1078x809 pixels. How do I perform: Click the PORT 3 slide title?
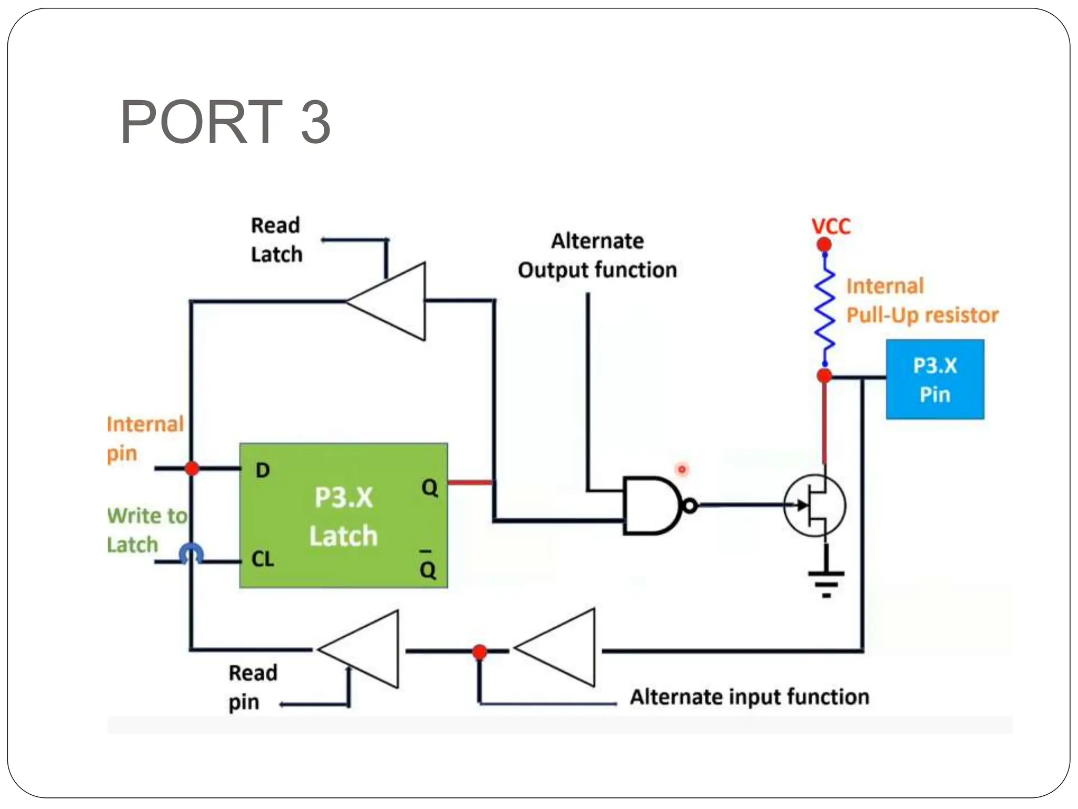click(x=225, y=122)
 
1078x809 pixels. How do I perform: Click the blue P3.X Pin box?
click(x=935, y=379)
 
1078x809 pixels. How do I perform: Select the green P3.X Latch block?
click(x=343, y=516)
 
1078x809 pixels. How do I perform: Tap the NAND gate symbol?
click(x=652, y=506)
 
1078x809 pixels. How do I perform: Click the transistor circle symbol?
click(x=814, y=506)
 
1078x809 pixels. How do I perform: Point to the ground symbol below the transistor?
click(x=826, y=579)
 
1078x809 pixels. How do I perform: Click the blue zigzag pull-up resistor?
click(x=825, y=311)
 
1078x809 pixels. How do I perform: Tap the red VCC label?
click(x=831, y=226)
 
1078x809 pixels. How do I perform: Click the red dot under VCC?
click(x=824, y=245)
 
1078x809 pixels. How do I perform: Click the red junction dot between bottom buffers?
click(x=480, y=652)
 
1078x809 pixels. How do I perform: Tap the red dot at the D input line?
click(x=192, y=468)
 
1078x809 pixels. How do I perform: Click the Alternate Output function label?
click(x=597, y=255)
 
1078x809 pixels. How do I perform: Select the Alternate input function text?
click(x=750, y=697)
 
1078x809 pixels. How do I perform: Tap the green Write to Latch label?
click(x=146, y=530)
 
